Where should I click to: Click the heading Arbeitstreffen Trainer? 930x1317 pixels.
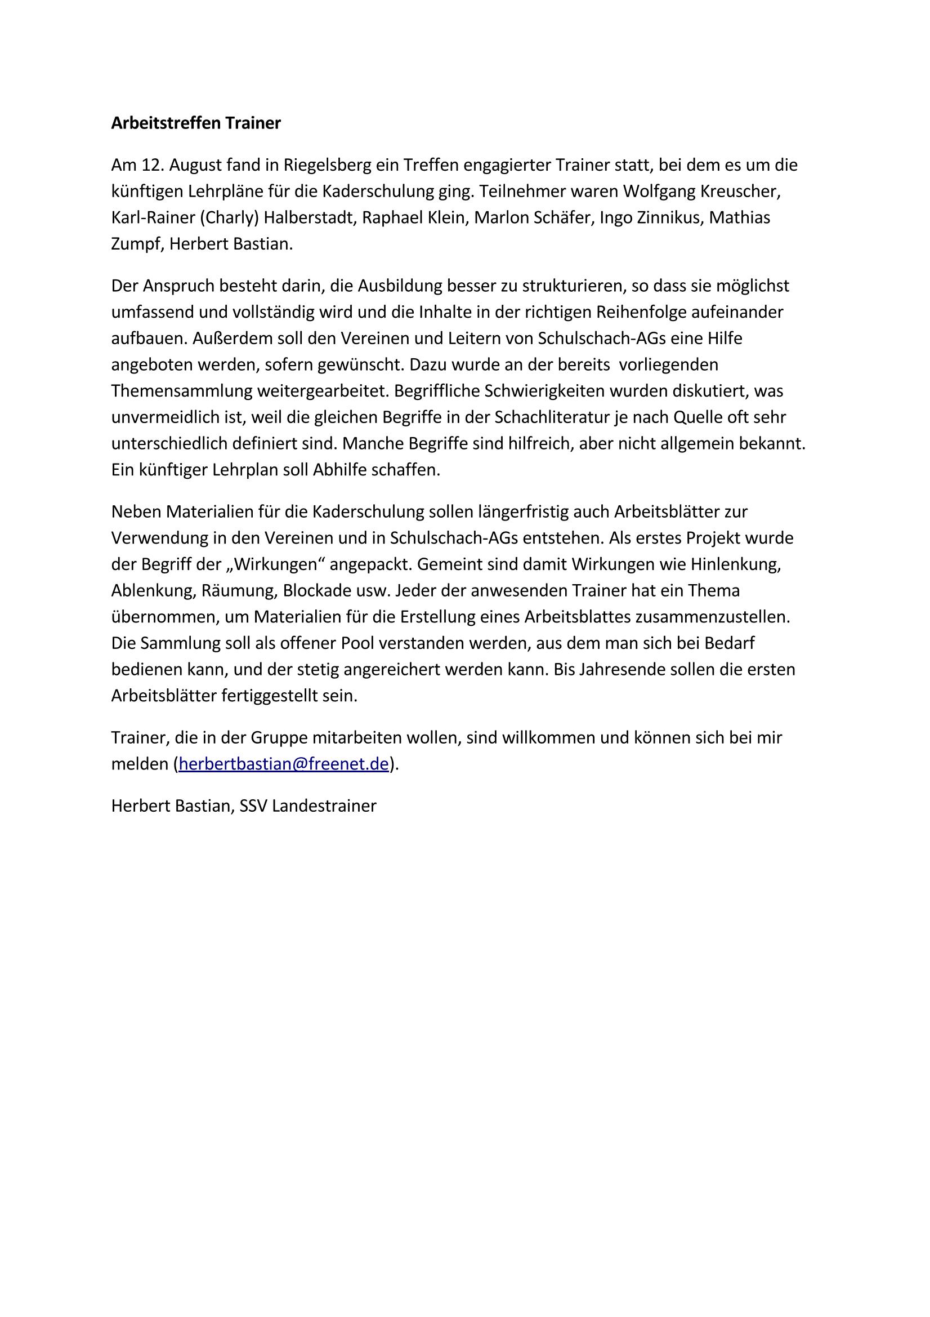196,123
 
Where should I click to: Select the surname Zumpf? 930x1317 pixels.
137,245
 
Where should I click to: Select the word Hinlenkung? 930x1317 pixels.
736,564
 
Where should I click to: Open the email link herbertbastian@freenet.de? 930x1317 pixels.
284,764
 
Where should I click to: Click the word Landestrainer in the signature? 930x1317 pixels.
324,806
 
